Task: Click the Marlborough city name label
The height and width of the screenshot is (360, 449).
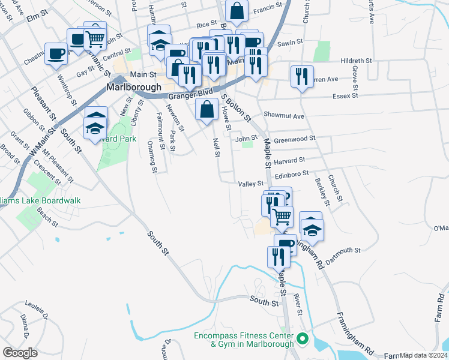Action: (x=134, y=87)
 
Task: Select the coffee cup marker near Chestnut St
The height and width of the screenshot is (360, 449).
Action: (x=57, y=53)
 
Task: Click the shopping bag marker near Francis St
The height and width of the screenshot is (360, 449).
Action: (x=238, y=10)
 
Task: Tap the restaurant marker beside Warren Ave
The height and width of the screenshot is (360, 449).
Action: (x=301, y=76)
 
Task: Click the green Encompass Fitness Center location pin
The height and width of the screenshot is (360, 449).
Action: (x=303, y=338)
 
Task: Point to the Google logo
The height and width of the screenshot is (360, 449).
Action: (x=20, y=353)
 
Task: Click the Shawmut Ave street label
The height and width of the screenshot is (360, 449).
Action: (x=284, y=116)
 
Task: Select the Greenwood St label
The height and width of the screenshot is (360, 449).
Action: (x=294, y=139)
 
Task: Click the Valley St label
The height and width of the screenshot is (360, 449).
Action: (x=251, y=184)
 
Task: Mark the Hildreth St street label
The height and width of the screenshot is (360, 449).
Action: (x=357, y=61)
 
